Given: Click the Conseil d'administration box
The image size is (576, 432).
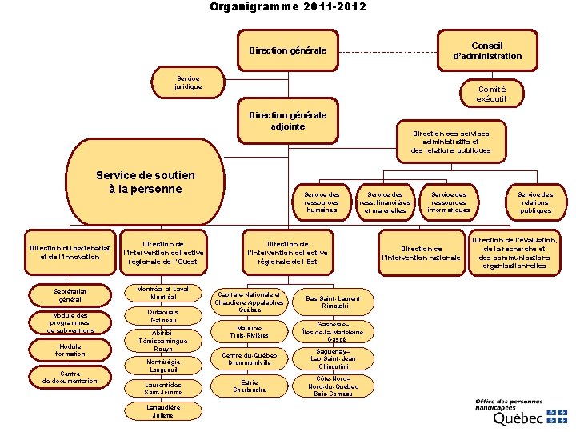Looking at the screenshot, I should [x=487, y=50].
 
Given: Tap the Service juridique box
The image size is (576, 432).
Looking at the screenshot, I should [x=189, y=82].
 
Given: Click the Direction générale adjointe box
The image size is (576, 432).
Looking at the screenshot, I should [x=287, y=120].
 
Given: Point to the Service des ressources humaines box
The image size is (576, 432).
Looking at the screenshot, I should [x=322, y=202].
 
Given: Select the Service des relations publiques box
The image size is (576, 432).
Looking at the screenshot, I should [x=535, y=202].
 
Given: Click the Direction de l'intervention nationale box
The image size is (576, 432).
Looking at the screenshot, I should [x=422, y=253].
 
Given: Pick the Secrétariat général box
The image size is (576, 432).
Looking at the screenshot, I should [x=70, y=296].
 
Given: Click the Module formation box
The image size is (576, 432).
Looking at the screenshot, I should [x=70, y=350].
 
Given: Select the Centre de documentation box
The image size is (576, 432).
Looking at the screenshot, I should [x=70, y=377].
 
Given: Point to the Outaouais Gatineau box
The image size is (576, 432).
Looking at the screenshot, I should [x=163, y=315].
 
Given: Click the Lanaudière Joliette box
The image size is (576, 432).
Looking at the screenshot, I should [x=163, y=411].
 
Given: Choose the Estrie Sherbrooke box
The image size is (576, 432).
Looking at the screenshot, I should [x=250, y=386].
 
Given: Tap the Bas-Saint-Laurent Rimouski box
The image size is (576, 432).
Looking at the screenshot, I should [x=333, y=302].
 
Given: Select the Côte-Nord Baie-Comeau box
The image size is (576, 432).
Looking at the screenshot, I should [x=333, y=386].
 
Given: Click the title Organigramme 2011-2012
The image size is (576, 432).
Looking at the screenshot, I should [x=288, y=7].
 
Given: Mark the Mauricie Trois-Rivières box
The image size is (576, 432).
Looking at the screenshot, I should [x=250, y=330].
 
